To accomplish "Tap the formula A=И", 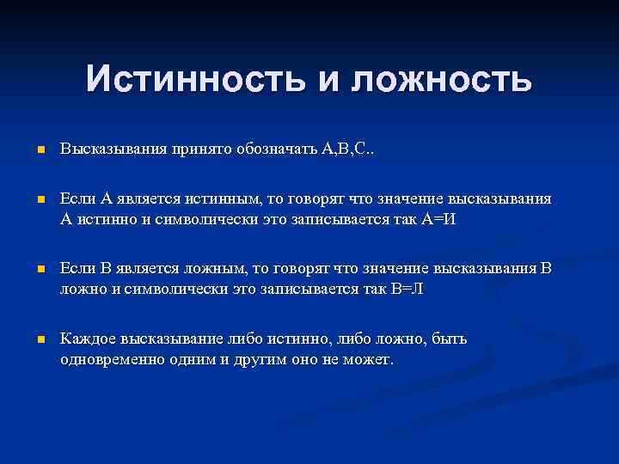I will (x=438, y=218).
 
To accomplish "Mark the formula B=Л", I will (x=405, y=289).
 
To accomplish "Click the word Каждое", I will (x=86, y=339).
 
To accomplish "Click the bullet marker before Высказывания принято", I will (x=40, y=151).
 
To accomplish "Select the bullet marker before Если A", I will (x=40, y=200).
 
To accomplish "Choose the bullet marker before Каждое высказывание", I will (x=40, y=340).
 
